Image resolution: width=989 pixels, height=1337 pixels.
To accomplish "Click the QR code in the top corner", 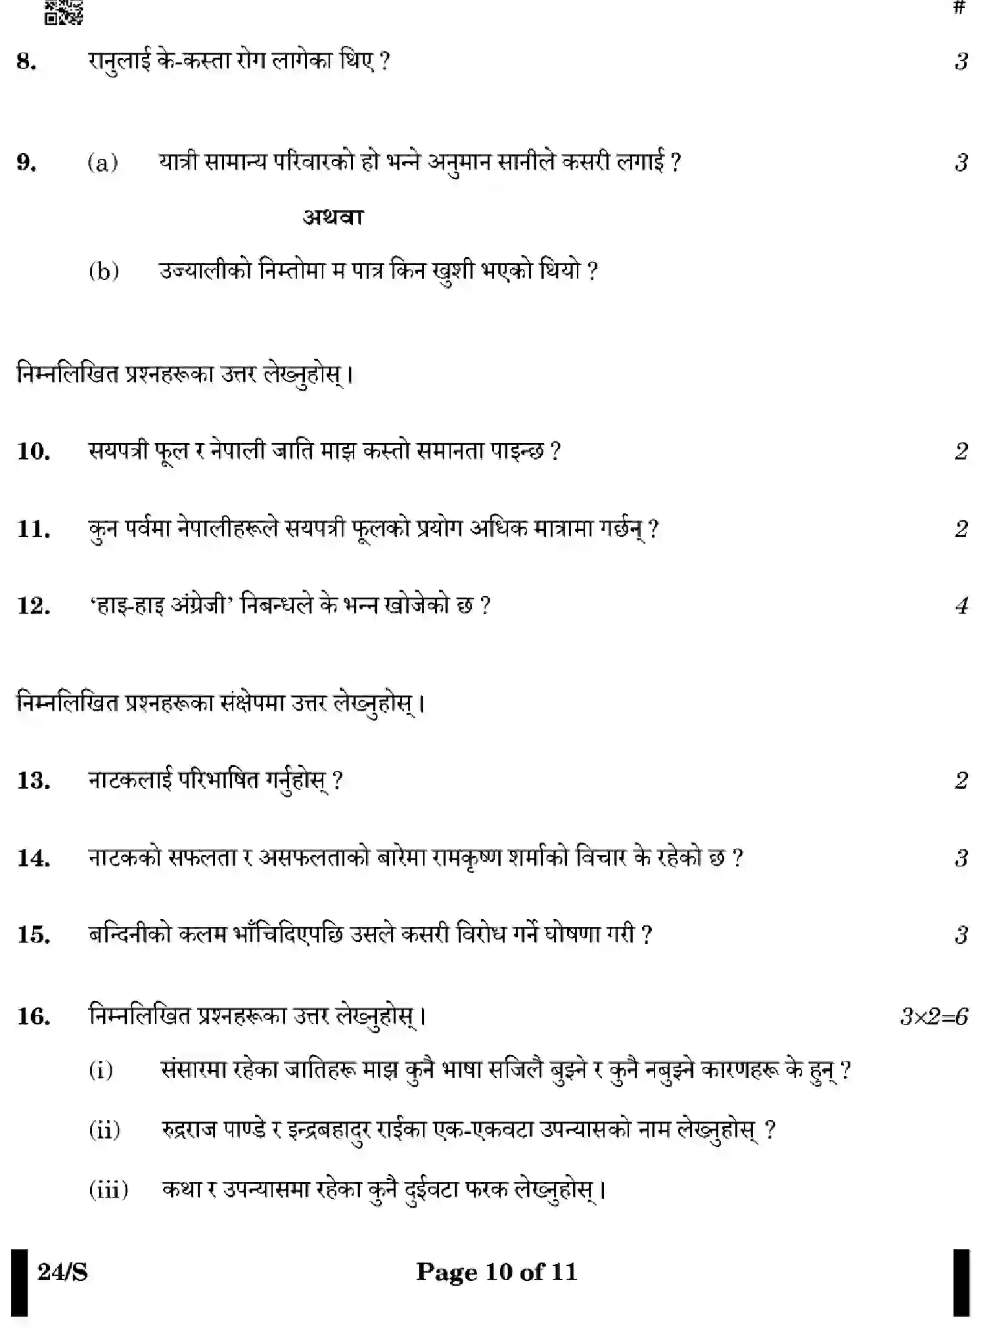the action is point(64,12).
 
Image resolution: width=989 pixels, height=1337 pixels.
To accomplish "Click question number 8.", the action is point(26,61).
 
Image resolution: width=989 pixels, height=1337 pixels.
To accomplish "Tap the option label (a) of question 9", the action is point(103,162).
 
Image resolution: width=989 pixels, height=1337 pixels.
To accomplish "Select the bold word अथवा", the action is point(333,216).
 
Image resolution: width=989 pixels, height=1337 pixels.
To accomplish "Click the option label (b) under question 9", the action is point(104,270).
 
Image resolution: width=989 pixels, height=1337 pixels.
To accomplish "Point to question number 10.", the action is point(33,451).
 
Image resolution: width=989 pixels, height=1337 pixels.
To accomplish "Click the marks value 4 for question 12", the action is point(961,605).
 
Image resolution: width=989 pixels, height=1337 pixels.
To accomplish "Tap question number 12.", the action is point(33,605).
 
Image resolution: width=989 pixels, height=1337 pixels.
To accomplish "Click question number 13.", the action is point(33,780).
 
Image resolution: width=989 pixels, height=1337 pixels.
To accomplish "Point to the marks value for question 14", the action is point(961,858).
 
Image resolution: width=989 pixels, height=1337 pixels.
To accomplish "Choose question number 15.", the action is point(33,934).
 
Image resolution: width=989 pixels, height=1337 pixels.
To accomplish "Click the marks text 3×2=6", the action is point(933,1016).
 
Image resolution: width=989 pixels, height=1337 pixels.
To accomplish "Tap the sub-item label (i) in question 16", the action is point(101,1070).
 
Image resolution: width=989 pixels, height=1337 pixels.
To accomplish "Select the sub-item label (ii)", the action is point(104,1130).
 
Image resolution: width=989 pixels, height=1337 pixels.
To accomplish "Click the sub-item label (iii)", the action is point(108,1189).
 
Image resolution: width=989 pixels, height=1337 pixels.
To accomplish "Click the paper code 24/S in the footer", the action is point(62,1272).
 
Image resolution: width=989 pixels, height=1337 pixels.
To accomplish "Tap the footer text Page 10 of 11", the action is point(496,1271).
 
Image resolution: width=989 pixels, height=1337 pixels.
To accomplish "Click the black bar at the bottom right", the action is point(961,1282).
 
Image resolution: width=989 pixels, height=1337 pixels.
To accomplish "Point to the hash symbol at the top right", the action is point(959,8).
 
